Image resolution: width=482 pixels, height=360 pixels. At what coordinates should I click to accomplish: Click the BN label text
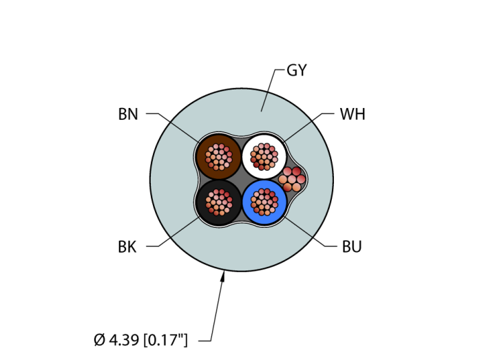point(128,115)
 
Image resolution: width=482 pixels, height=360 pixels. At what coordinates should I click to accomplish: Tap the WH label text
point(352,115)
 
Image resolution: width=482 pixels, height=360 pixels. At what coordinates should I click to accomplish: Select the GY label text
point(296,70)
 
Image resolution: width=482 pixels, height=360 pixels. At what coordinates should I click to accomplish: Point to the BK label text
point(127,247)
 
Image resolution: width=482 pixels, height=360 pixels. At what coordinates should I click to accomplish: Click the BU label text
point(352,247)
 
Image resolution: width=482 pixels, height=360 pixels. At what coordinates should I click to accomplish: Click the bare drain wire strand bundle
point(292,179)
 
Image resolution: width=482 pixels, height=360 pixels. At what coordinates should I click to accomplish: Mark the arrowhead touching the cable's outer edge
point(223,277)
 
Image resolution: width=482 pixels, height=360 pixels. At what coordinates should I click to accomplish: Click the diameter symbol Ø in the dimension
point(99,339)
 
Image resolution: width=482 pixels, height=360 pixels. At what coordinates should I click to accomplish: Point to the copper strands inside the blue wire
point(264,202)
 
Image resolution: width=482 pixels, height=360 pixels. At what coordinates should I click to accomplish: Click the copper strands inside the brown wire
point(218,157)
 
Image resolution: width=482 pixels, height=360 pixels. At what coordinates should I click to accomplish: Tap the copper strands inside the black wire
point(218,202)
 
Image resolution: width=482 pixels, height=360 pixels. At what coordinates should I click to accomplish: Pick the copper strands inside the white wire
point(264,157)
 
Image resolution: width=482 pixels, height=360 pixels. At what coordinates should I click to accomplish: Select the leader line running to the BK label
point(176,234)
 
